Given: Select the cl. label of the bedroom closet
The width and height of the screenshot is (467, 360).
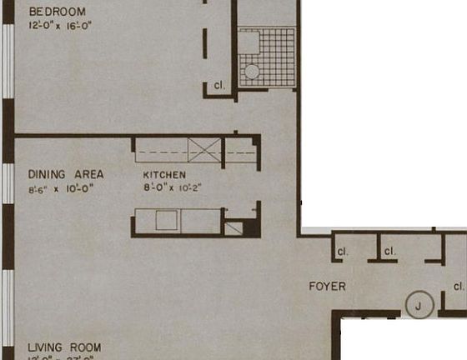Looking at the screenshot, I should tap(219, 86).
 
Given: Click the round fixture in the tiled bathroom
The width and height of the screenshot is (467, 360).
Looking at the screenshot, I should tap(252, 72).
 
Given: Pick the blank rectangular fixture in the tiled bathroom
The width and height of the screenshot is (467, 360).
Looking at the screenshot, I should tap(249, 42).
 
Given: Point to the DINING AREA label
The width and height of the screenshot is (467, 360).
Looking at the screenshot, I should tap(66, 174).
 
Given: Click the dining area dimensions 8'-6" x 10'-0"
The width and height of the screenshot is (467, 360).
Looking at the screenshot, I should tap(60, 188).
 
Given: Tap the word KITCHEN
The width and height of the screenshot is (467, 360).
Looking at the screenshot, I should tap(163, 175).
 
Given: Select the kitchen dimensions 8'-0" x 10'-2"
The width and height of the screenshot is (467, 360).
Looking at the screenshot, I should tap(172, 187).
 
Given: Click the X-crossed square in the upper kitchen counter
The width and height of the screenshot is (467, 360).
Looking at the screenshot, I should tap(203, 151).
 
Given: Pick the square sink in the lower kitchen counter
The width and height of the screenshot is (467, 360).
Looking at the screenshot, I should tap(167, 221).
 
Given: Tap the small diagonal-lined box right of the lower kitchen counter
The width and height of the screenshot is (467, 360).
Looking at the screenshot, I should tap(233, 228).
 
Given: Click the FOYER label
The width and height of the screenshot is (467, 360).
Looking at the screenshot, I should tap(327, 287).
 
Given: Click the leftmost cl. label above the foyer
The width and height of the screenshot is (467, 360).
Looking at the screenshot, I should tap(342, 251).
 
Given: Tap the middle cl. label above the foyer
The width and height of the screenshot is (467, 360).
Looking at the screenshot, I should tap(389, 251).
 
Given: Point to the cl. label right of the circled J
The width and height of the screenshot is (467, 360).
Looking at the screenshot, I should tap(459, 287).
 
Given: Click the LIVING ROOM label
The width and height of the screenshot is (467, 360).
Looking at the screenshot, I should tap(64, 347).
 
